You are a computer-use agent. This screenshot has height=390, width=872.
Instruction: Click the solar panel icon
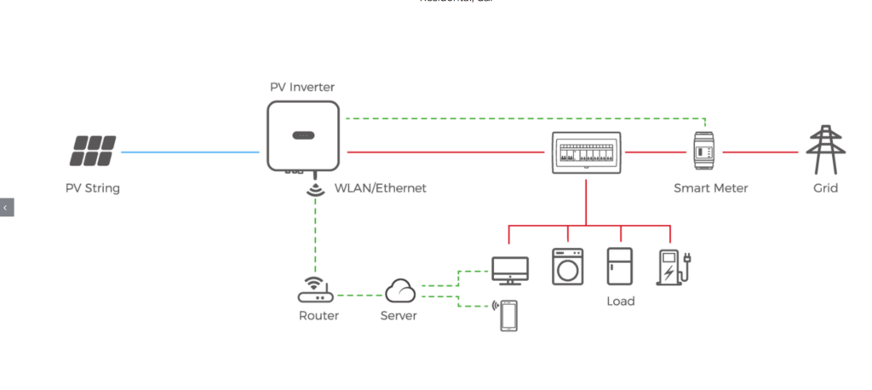click(x=94, y=152)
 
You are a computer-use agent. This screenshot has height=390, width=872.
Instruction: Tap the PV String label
click(x=93, y=187)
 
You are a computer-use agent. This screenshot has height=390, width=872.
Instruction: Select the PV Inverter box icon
click(x=303, y=135)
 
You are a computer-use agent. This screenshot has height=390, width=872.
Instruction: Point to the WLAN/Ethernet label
click(x=380, y=187)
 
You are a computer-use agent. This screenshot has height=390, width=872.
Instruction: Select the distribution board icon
click(x=585, y=152)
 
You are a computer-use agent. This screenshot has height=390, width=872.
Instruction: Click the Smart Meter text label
click(x=711, y=187)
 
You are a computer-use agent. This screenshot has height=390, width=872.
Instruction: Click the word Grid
click(x=825, y=187)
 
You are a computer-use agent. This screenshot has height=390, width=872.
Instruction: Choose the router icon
click(x=315, y=290)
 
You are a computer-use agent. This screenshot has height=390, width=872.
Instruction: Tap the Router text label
click(x=318, y=316)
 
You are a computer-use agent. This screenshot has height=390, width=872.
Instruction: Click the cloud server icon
click(x=399, y=292)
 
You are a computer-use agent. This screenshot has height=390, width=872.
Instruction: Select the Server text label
click(x=398, y=316)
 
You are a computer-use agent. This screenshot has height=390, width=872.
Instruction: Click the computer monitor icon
click(x=510, y=270)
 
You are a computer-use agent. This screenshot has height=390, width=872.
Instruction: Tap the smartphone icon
click(x=508, y=316)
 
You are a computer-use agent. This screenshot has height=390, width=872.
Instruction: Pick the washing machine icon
click(x=566, y=266)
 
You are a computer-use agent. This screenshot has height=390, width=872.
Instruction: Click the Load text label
click(x=620, y=301)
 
